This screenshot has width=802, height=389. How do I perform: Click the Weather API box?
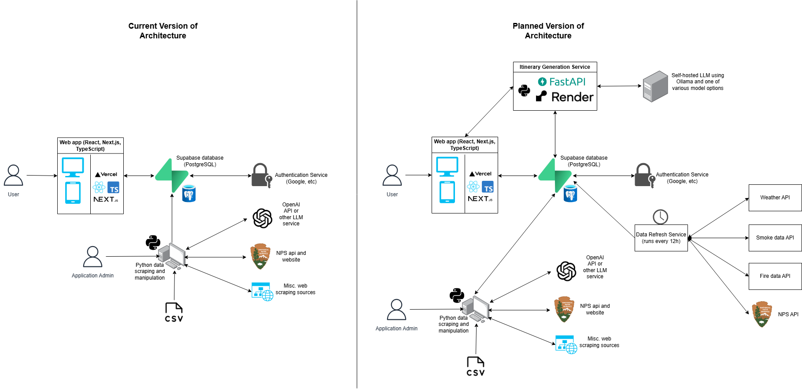pos(775,198)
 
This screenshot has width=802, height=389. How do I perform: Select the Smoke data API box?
pos(775,238)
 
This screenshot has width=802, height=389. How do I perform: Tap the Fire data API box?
pos(775,276)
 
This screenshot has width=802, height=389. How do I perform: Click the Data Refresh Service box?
pos(661,238)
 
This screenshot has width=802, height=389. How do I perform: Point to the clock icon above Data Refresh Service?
pos(660,217)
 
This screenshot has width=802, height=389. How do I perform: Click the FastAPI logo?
pos(562,82)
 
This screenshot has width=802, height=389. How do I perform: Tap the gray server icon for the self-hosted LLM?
pos(655,86)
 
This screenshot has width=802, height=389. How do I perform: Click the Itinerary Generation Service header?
pos(554,67)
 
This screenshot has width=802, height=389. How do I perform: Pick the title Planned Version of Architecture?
pos(548,31)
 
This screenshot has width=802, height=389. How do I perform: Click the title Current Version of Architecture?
pos(163,31)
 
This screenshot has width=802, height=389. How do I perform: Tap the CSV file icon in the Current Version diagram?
pos(174,312)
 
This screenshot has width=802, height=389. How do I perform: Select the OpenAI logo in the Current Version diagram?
pos(262,218)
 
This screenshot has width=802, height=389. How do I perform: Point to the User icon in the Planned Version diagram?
pos(392,176)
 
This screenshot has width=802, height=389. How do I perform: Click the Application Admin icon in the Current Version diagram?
pos(92,257)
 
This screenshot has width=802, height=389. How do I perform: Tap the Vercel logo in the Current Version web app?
pos(106,175)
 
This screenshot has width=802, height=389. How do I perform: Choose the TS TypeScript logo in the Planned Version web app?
pos(488,187)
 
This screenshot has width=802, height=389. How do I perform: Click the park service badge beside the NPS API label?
pos(762,314)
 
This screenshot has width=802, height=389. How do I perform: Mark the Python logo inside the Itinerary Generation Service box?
pos(524,90)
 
